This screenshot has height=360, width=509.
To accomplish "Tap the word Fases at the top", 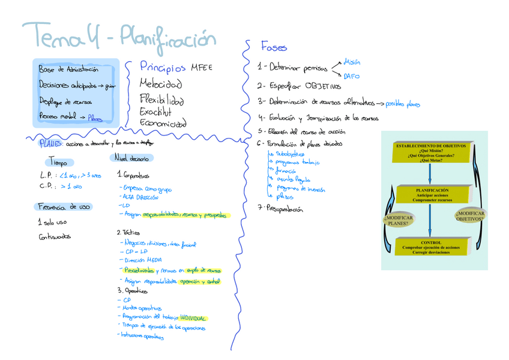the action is point(274,47).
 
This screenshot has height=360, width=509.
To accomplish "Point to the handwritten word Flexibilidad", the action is point(161,99).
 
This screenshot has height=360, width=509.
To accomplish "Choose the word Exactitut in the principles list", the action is point(155,112).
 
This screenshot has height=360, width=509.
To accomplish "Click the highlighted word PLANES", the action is point(49,143).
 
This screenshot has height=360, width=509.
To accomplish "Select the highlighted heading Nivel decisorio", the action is point(131,158).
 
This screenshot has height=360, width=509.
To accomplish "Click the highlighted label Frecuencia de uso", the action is point(64,206).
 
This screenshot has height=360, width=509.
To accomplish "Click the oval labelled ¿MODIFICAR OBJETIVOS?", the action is point(469,216).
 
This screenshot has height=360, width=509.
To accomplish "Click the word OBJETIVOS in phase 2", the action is point(322,86).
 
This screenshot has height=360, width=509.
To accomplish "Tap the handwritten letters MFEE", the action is point(202,67).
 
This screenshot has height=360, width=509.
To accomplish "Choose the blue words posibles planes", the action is point(403,104).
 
